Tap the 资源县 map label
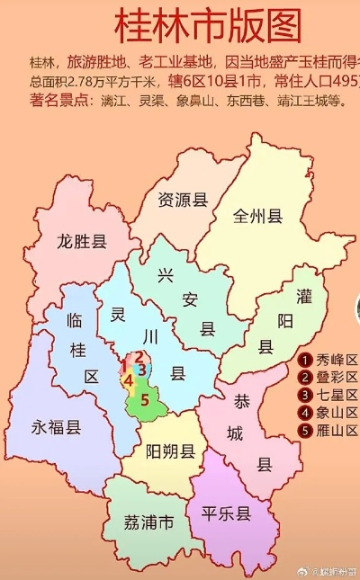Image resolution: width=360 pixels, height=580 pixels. (x=183, y=200)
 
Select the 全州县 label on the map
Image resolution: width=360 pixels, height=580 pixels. (x=258, y=217)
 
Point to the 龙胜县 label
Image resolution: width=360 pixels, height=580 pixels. (x=82, y=241)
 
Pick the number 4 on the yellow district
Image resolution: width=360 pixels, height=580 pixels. (x=129, y=380)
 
